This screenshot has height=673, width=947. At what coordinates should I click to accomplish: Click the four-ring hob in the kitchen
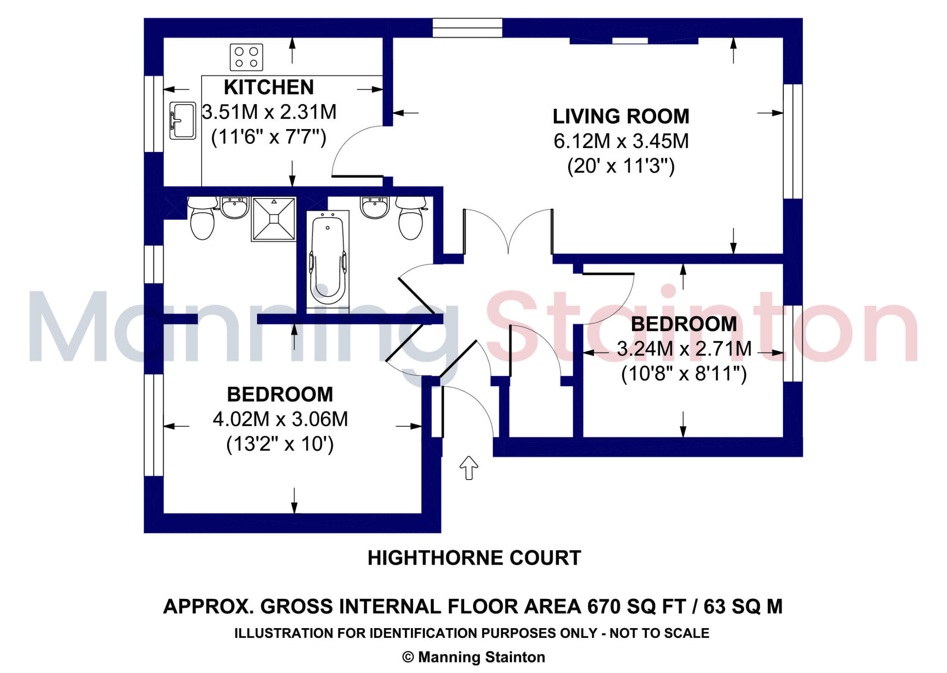(x=246, y=57)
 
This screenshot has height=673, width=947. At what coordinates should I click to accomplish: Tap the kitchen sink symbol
(x=183, y=120)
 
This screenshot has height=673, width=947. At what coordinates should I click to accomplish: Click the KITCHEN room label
(x=269, y=87)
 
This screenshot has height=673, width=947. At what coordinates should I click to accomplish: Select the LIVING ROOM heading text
(x=621, y=116)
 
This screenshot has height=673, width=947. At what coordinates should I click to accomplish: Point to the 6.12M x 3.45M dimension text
(x=621, y=141)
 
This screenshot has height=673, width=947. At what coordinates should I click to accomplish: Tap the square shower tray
(x=274, y=219)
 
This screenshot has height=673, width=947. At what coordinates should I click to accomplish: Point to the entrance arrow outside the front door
(x=468, y=467)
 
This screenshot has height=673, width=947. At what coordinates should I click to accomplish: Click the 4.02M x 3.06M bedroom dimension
(x=280, y=419)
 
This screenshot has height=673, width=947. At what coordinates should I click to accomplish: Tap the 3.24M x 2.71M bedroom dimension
(x=684, y=349)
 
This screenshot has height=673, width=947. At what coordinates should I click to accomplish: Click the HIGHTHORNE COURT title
(x=474, y=558)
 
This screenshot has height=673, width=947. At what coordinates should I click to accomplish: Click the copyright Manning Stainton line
(x=474, y=657)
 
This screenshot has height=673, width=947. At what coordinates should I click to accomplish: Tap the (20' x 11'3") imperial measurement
(x=621, y=166)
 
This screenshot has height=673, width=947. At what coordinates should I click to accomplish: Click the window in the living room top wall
(x=467, y=28)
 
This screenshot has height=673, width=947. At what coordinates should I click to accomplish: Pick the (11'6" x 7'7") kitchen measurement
(x=269, y=137)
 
